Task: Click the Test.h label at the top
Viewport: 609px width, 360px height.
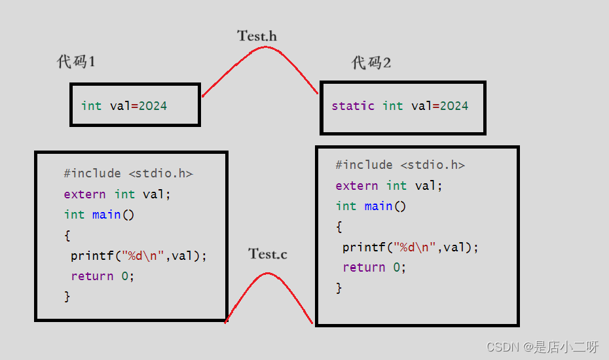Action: [x=257, y=36]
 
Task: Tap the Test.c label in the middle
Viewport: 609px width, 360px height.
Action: [x=267, y=254]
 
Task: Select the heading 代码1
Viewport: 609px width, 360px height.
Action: [x=77, y=62]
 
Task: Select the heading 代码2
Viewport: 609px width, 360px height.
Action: [x=371, y=63]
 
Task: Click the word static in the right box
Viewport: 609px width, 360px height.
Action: [x=353, y=106]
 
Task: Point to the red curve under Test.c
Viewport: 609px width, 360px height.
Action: [x=267, y=274]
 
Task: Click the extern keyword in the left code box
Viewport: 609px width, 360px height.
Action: [x=84, y=194]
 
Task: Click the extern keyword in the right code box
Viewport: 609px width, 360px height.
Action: [x=356, y=186]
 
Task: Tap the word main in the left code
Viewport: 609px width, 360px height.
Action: [x=106, y=215]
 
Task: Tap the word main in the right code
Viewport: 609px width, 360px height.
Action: [x=378, y=206]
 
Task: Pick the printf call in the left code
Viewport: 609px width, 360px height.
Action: [x=92, y=256]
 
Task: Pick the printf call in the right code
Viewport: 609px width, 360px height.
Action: [x=363, y=247]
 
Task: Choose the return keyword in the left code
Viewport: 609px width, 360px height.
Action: [x=92, y=276]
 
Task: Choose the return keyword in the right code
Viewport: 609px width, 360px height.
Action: [x=363, y=268]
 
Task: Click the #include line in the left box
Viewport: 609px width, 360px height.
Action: [x=128, y=173]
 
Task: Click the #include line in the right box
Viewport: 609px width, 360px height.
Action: [x=399, y=165]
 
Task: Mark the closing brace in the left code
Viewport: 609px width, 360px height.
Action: [x=67, y=297]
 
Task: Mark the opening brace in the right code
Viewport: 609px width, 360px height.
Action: [x=339, y=227]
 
